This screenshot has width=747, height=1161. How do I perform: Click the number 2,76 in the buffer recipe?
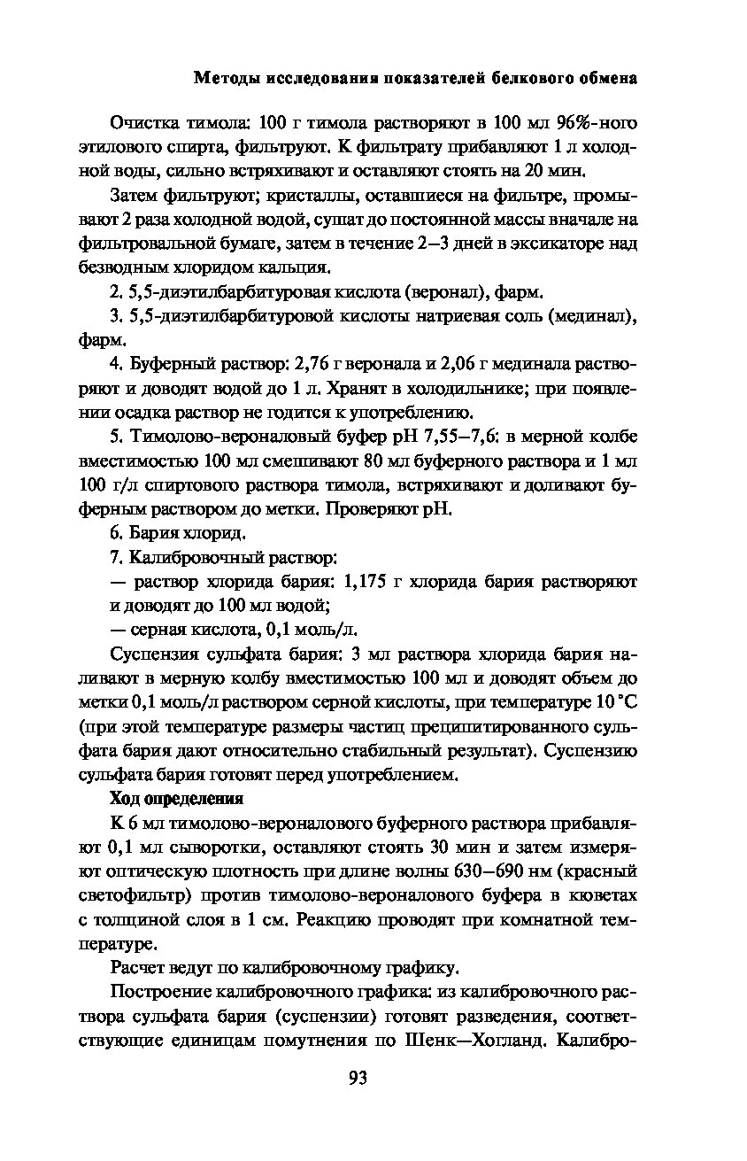coord(312,364)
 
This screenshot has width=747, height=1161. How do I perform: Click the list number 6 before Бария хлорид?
coord(115,533)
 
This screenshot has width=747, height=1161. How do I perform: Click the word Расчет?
coord(139,968)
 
